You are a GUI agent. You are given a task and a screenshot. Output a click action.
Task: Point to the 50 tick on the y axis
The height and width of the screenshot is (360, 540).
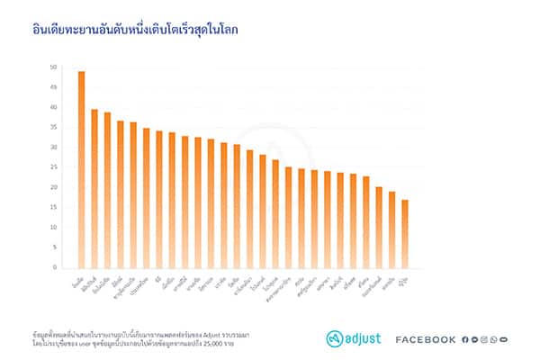[x=53, y=67]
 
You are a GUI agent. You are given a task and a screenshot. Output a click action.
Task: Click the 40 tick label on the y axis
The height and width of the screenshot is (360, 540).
[x=53, y=107]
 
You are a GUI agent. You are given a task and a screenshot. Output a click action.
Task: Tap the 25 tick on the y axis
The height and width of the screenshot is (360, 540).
[x=53, y=167]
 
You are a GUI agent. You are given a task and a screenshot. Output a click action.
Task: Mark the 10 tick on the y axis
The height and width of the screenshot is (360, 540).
[x=53, y=227]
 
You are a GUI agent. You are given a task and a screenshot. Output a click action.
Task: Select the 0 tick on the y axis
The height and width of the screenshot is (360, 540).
[x=55, y=267]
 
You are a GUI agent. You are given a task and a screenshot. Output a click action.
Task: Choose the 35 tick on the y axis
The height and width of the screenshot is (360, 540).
[x=53, y=127]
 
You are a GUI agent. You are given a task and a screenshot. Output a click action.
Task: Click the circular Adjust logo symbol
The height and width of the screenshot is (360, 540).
[x=335, y=338]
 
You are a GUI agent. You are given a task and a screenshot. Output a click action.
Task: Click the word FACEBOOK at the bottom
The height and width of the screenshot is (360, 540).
[x=426, y=339]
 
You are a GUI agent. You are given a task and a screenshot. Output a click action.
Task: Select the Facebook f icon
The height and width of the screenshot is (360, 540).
[x=465, y=339]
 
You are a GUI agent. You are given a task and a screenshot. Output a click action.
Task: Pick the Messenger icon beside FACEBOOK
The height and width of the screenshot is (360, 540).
[x=474, y=339]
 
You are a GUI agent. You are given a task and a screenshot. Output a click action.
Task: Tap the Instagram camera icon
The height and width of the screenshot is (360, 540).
[x=484, y=339]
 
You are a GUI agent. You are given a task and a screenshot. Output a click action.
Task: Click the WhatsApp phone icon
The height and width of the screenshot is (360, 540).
[x=494, y=339]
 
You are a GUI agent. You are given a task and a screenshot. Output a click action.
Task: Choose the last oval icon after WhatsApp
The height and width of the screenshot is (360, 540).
[x=504, y=339]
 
